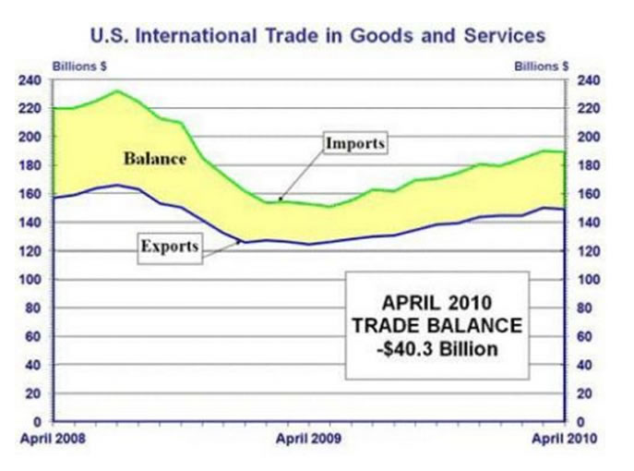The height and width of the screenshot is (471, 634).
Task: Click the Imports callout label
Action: (x=353, y=144)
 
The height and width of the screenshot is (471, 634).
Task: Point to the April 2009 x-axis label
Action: (x=308, y=439)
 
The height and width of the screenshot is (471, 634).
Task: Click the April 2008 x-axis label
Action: (x=52, y=439)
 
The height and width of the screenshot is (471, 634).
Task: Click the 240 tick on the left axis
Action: (x=30, y=79)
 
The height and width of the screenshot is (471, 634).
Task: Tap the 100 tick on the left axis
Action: (x=30, y=279)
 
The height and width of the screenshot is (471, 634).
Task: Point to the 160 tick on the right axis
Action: (x=588, y=194)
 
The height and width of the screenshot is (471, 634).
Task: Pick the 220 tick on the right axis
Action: (x=588, y=108)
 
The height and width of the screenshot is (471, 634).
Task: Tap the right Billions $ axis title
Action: (x=540, y=66)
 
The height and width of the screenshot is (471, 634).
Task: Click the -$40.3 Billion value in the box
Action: (x=437, y=349)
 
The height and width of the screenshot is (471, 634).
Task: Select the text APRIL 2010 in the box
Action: (x=437, y=303)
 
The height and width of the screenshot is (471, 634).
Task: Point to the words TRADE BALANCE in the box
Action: (x=437, y=326)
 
